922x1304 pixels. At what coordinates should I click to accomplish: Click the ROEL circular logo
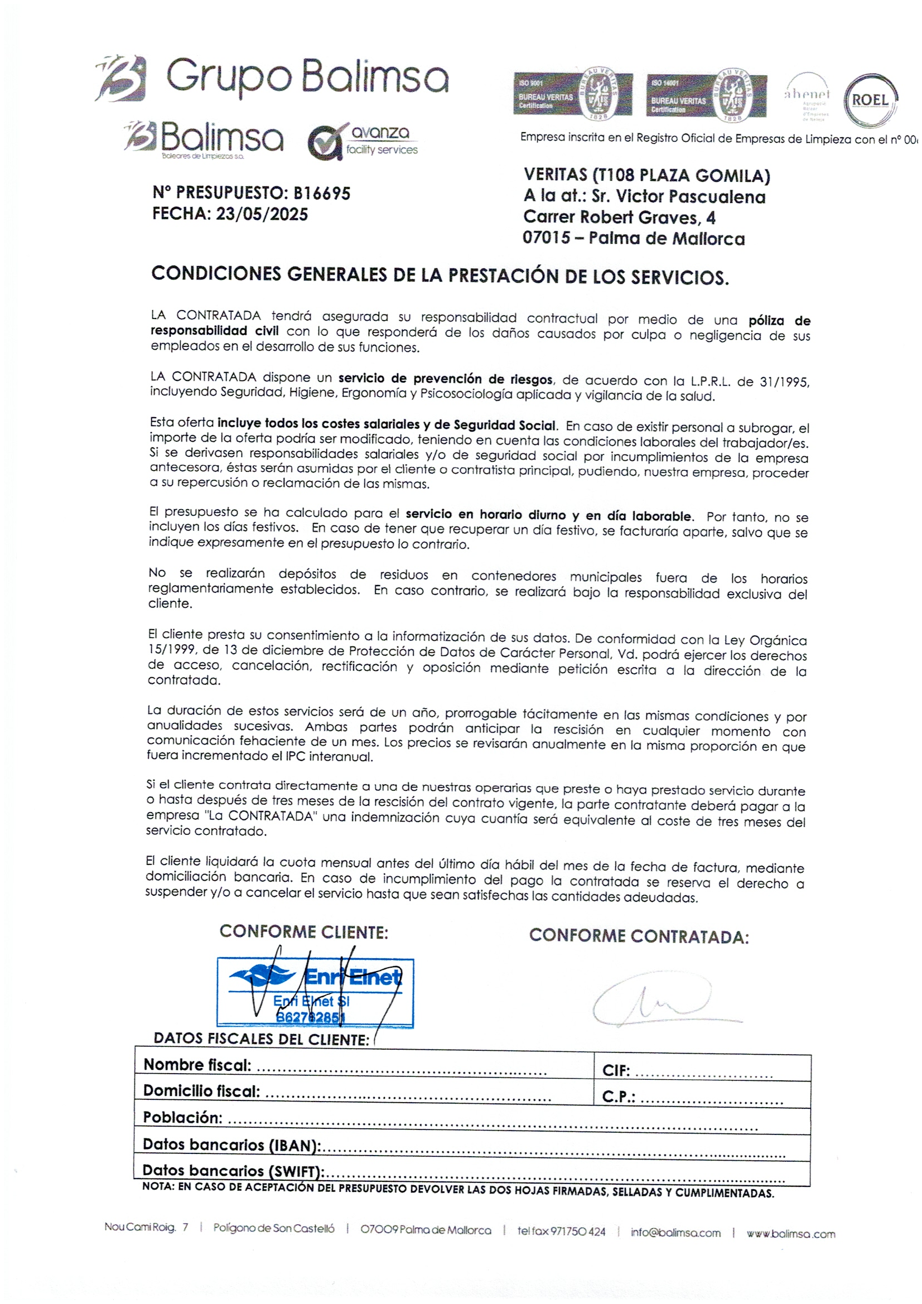tap(870, 100)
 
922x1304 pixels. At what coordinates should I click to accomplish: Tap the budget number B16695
tap(321, 194)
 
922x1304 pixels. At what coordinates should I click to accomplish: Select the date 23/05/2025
tap(262, 215)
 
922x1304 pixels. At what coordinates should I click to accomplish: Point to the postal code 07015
tap(546, 238)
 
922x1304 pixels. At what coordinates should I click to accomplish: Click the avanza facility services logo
tap(364, 142)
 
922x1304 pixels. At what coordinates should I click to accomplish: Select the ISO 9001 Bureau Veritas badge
tap(572, 95)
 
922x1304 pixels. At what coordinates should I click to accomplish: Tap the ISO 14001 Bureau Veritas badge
tap(706, 96)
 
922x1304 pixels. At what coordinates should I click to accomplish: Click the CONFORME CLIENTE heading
tap(303, 932)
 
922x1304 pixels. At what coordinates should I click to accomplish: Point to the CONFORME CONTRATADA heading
tap(639, 936)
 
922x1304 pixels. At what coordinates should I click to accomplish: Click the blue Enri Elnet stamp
tap(315, 993)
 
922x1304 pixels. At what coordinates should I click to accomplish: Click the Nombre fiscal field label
tap(197, 1065)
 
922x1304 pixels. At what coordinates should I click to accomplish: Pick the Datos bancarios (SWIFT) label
tap(233, 1171)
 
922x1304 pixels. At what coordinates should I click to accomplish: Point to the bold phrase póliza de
tap(779, 321)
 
